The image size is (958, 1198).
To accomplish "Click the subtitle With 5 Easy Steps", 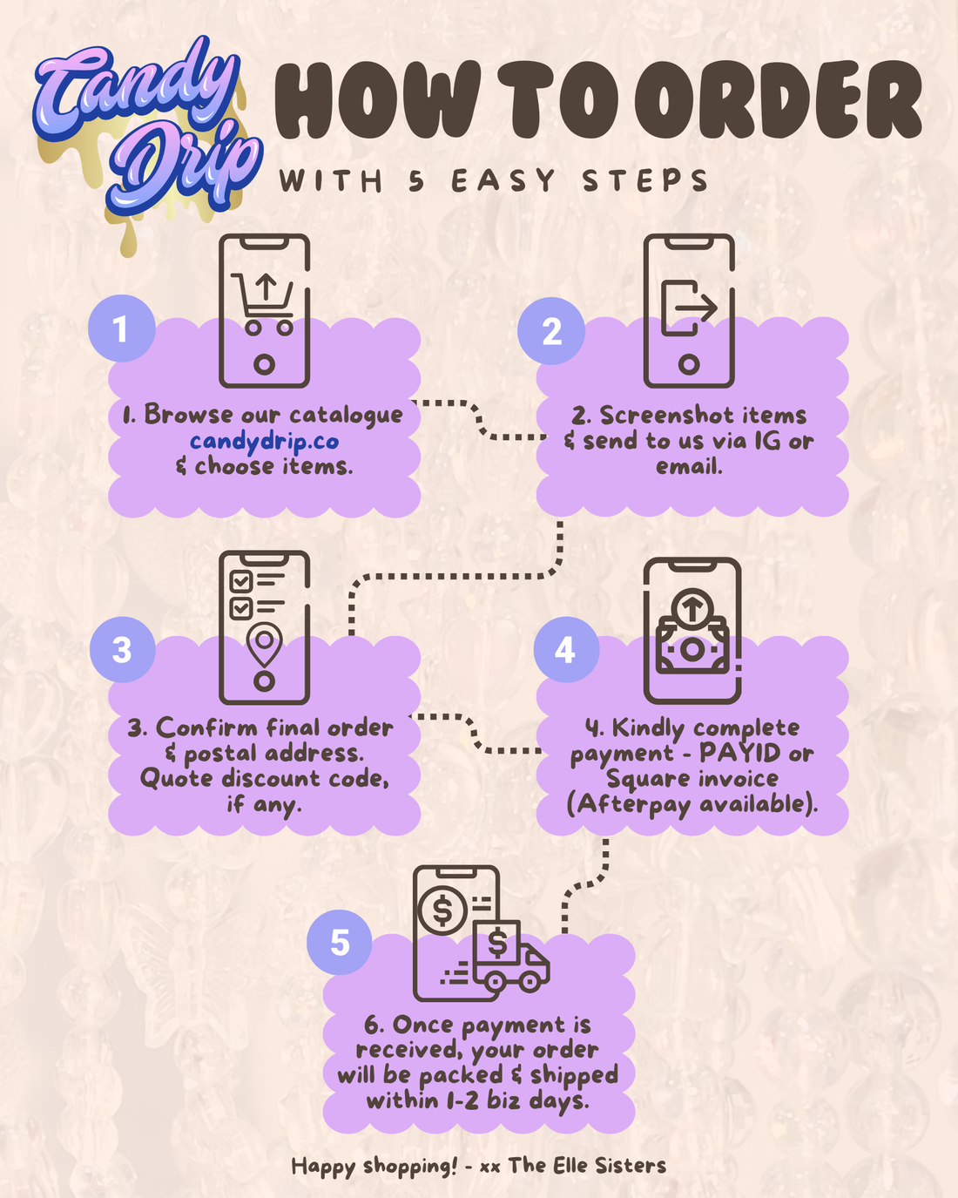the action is point(493,181).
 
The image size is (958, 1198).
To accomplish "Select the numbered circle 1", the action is point(121,328).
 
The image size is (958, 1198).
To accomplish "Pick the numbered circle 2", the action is point(551,331).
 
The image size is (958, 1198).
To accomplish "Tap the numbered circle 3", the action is point(123,650).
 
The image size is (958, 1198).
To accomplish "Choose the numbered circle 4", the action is point(566,650).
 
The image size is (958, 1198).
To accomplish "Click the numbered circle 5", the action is point(340,942).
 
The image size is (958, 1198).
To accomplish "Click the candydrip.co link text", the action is point(265,442).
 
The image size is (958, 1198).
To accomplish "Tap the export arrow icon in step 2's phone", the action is point(689,308).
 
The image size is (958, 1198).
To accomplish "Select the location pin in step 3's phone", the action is point(264,645).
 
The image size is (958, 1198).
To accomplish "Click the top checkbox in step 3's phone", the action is point(241,582).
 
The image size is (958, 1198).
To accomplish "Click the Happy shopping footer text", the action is point(479,1165).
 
